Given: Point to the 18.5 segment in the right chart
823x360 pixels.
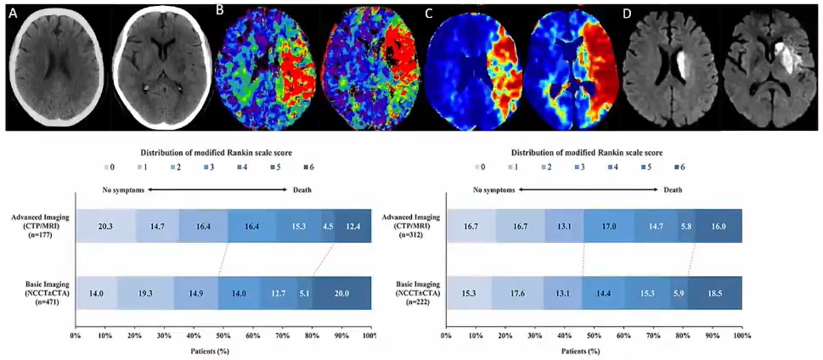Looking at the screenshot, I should [x=715, y=292].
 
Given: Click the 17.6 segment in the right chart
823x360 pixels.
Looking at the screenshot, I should [x=519, y=292].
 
